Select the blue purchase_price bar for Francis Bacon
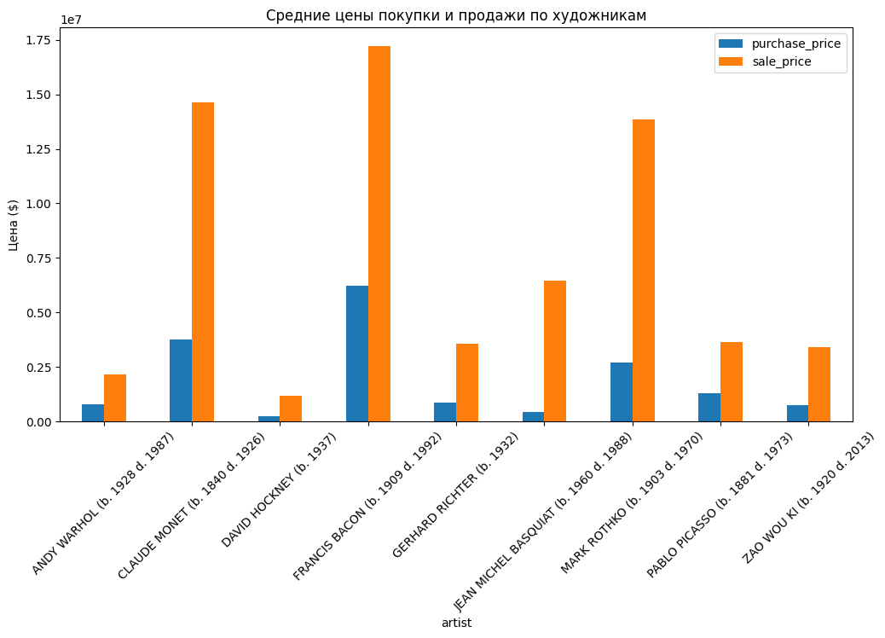(x=357, y=354)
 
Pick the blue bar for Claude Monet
(x=181, y=380)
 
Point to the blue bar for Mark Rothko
(x=622, y=392)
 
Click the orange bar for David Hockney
(x=291, y=409)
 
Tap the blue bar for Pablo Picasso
(x=709, y=408)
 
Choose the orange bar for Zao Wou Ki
(x=819, y=385)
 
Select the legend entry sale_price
(x=781, y=61)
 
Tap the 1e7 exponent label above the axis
(x=71, y=19)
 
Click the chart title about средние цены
(x=456, y=15)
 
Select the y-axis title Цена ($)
(x=13, y=224)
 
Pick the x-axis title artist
(x=456, y=623)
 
